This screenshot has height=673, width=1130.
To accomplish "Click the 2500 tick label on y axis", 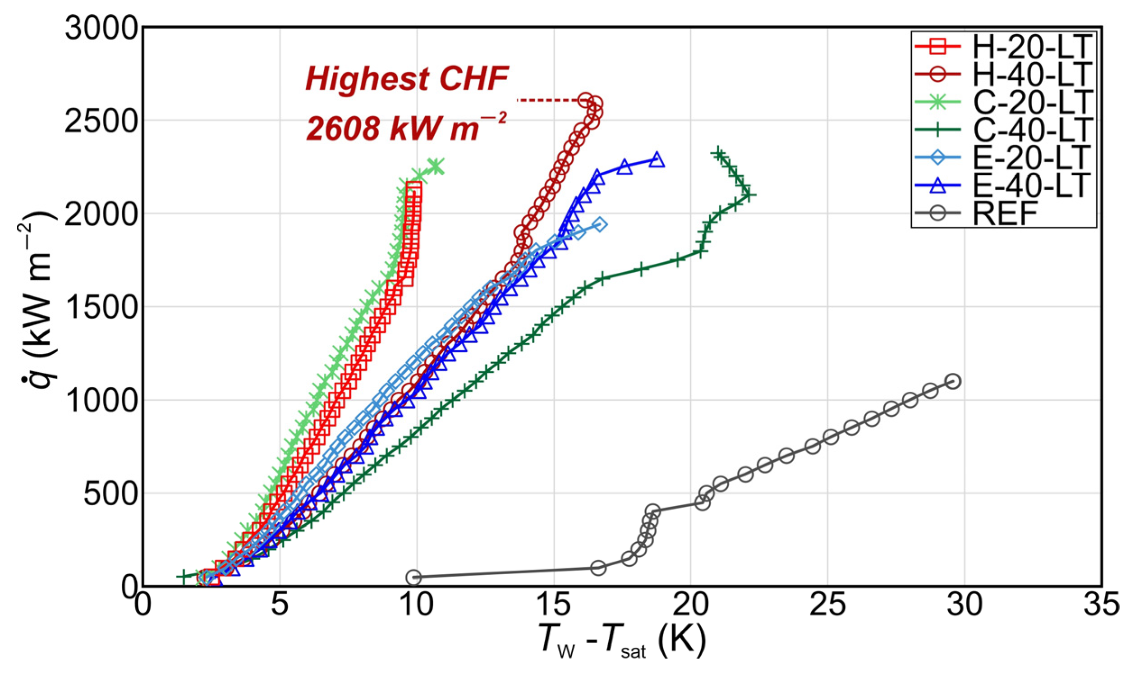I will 101,121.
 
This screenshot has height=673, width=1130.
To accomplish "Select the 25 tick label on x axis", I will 827,606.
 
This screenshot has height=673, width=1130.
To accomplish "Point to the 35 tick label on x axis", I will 1102,606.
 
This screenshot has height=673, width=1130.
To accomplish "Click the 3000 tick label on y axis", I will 101,28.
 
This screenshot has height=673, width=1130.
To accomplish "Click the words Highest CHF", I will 407,79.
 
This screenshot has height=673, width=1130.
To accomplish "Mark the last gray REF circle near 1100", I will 953,381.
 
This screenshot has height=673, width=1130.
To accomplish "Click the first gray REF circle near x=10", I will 413,577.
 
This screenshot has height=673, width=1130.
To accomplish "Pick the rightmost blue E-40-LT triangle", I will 657,160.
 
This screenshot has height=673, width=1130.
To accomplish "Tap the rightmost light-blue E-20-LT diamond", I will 600,224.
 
